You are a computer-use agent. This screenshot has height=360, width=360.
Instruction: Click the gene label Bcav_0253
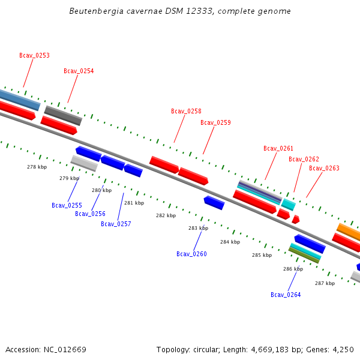pyautogui.click(x=34, y=55)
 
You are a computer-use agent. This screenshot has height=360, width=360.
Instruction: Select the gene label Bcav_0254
pyautogui.click(x=79, y=71)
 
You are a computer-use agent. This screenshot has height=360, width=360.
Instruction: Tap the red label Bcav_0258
pyautogui.click(x=186, y=111)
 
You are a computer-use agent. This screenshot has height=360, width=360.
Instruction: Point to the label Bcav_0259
pyautogui.click(x=215, y=122)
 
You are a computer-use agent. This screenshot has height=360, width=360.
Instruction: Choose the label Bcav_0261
pyautogui.click(x=278, y=148)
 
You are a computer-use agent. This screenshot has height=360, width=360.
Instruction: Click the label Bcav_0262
pyautogui.click(x=304, y=159)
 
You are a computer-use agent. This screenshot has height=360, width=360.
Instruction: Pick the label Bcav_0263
pyautogui.click(x=324, y=168)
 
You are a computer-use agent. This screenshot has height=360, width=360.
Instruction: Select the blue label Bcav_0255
pyautogui.click(x=67, y=205)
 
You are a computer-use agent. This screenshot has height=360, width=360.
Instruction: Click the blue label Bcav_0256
pyautogui.click(x=90, y=214)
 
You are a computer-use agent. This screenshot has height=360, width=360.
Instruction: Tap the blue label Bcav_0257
pyautogui.click(x=116, y=224)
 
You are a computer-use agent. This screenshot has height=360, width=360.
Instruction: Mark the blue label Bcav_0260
pyautogui.click(x=191, y=254)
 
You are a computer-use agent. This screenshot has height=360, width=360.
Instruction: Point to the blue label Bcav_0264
pyautogui.click(x=286, y=295)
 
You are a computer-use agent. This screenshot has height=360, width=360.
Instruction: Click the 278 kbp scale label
pyautogui.click(x=37, y=167)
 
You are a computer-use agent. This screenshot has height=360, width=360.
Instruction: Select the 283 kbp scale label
pyautogui.click(x=198, y=228)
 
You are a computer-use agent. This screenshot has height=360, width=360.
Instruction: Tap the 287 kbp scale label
pyautogui.click(x=325, y=283)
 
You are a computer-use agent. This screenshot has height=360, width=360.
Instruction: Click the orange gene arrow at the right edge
pyautogui.click(x=349, y=231)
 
